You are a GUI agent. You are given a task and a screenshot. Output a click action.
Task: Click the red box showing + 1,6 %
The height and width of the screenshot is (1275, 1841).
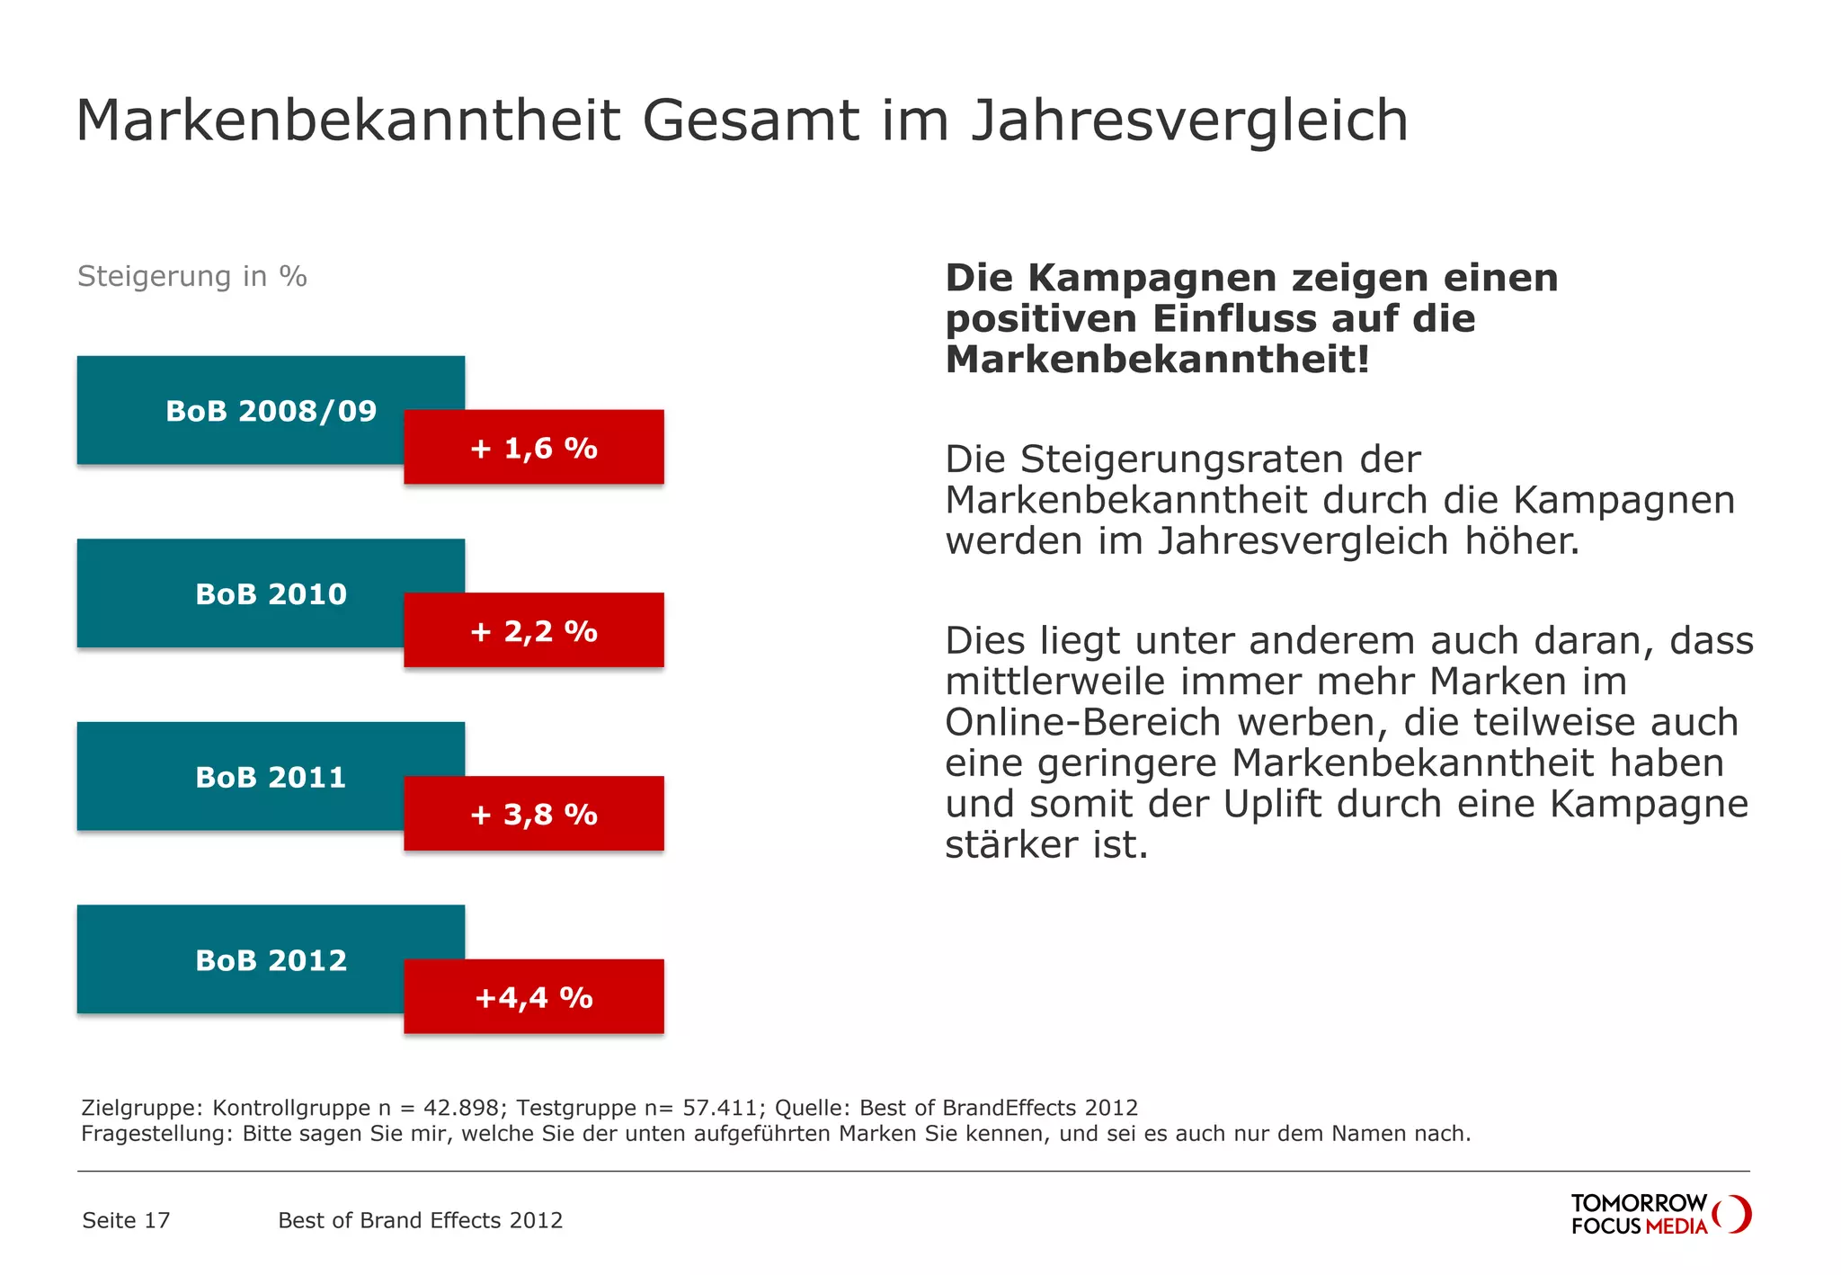click(x=534, y=447)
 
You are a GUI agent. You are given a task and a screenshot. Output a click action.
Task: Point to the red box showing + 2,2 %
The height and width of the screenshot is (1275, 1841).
click(x=534, y=630)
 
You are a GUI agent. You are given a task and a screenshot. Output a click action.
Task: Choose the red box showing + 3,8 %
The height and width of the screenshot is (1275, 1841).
click(x=534, y=814)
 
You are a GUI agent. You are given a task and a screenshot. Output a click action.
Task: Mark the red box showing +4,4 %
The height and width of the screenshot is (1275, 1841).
click(x=534, y=996)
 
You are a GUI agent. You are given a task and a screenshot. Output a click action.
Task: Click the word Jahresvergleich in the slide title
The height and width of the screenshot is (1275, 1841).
click(x=1189, y=121)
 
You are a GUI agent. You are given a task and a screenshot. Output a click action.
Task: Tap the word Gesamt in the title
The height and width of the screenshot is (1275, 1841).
click(x=750, y=121)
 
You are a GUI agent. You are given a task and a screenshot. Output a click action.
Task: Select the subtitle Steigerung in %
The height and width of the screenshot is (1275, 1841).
click(x=192, y=276)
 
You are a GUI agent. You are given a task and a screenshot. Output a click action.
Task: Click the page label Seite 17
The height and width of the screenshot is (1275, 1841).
click(x=126, y=1220)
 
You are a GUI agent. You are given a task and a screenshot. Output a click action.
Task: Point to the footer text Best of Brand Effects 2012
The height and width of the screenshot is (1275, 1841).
click(x=420, y=1220)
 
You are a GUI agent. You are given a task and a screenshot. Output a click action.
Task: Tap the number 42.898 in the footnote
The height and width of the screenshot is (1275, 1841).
click(x=460, y=1108)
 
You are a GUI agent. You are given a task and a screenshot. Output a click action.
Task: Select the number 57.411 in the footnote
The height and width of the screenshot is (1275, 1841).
click(x=719, y=1108)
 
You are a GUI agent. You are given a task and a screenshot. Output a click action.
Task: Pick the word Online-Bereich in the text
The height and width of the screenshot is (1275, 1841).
click(x=1082, y=723)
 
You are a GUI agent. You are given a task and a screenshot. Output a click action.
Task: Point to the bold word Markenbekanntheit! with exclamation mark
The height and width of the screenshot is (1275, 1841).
click(x=1157, y=360)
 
